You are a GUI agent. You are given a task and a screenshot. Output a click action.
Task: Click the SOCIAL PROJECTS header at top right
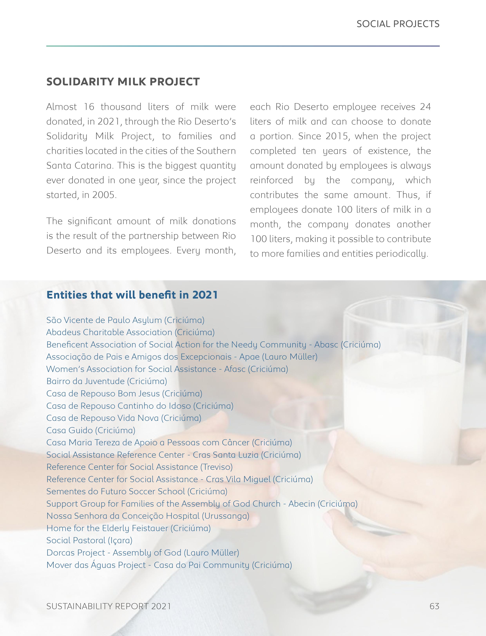[398, 24]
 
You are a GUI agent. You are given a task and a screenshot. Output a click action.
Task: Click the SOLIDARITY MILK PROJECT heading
[123, 82]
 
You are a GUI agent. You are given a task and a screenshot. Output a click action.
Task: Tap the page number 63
[434, 606]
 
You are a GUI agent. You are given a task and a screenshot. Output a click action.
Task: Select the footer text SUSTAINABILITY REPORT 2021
[109, 606]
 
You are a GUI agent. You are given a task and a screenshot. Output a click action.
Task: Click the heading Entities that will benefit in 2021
[132, 295]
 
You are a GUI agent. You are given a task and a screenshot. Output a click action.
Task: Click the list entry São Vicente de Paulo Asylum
[125, 320]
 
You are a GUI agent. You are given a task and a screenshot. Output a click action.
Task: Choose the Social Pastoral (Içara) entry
[89, 540]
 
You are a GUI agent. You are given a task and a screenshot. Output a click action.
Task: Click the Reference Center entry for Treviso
[139, 467]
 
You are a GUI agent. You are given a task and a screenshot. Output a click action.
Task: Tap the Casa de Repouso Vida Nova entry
[124, 418]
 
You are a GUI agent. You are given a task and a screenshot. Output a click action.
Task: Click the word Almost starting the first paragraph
[61, 107]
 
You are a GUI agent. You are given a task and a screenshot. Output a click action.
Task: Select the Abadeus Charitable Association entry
[130, 332]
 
